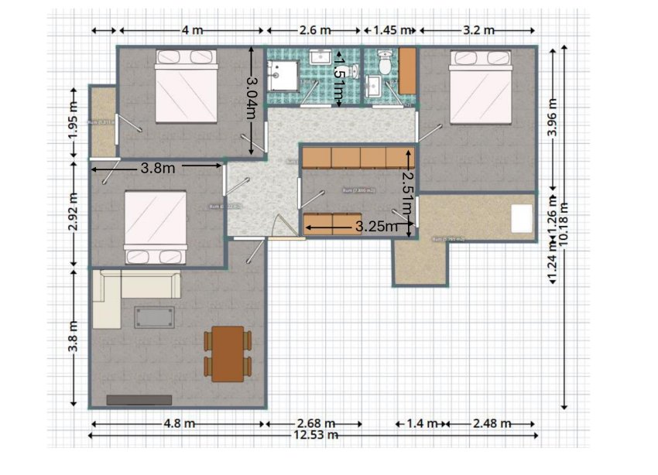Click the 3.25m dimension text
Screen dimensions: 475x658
(x=376, y=227)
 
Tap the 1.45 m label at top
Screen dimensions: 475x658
(x=390, y=30)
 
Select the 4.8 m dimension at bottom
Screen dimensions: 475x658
(x=179, y=424)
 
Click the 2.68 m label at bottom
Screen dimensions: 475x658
(x=316, y=424)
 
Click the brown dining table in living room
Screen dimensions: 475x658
(x=228, y=354)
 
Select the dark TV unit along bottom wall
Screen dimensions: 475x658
(x=139, y=400)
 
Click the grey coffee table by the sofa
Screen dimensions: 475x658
(x=155, y=316)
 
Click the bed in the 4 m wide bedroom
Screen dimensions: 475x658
(x=186, y=86)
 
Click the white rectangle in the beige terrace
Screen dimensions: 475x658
(x=522, y=217)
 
